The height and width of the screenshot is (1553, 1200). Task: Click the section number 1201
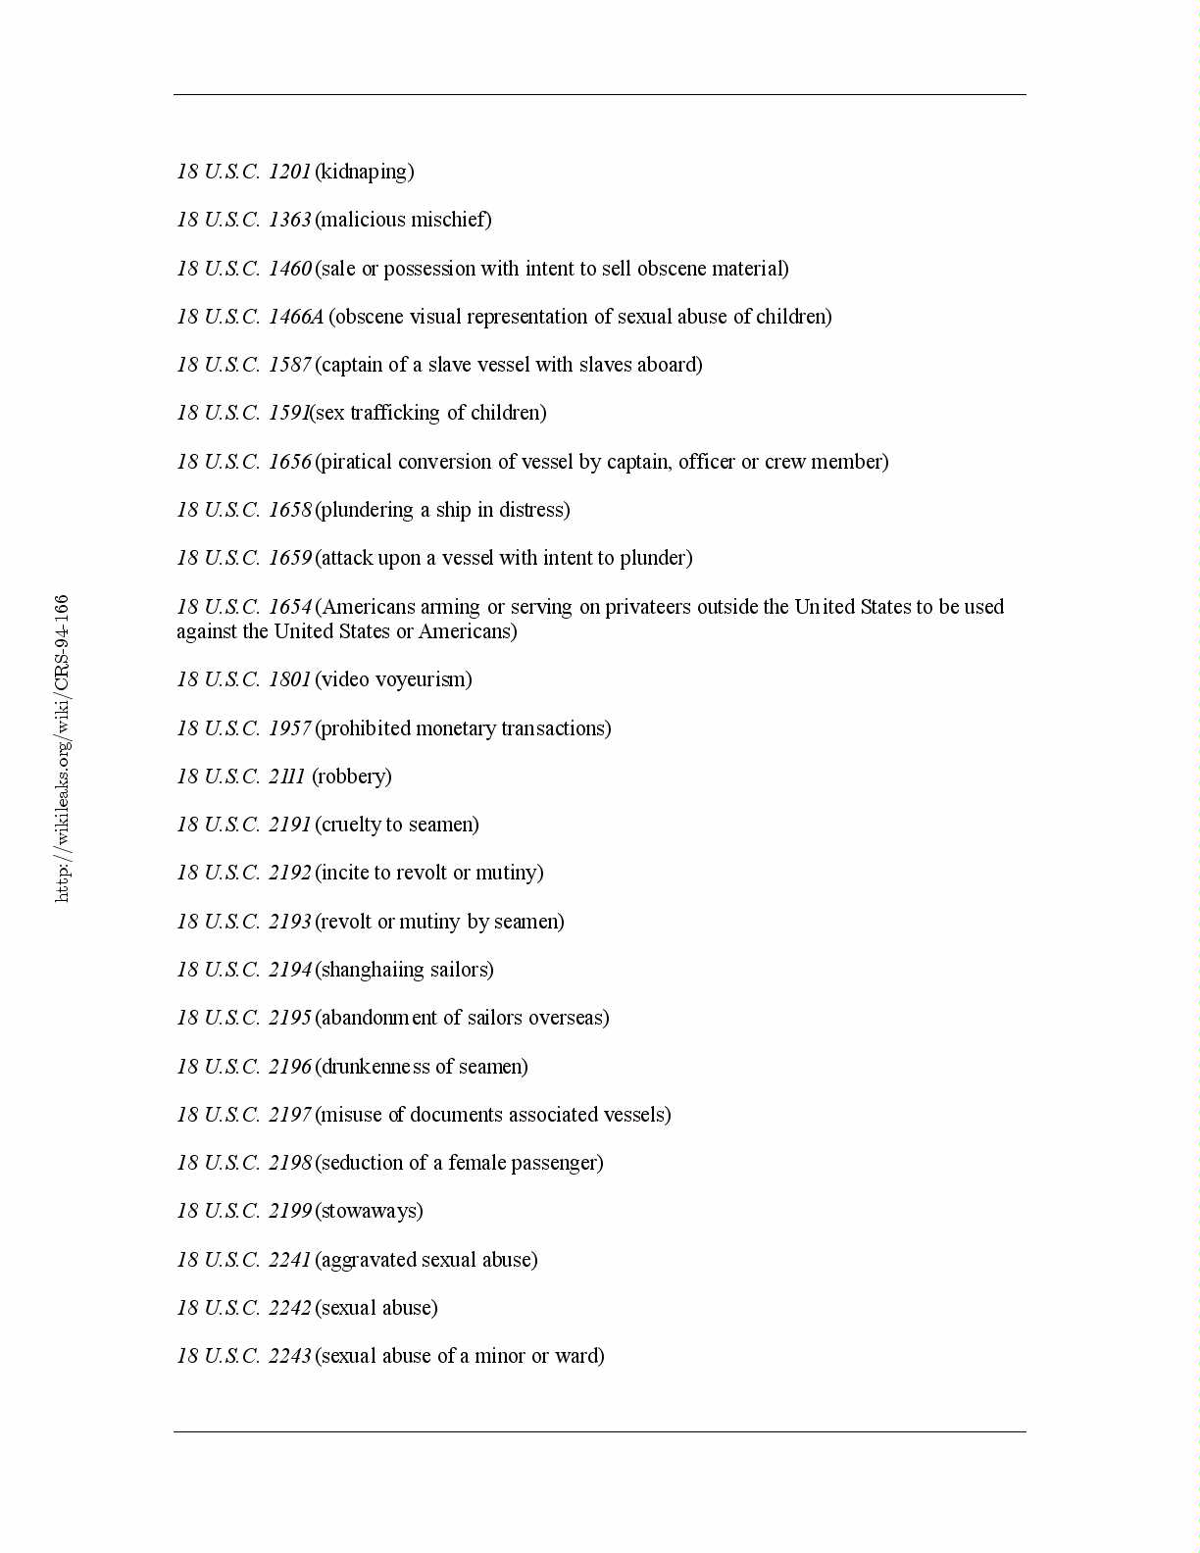(x=289, y=172)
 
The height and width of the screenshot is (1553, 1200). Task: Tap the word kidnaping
(x=364, y=173)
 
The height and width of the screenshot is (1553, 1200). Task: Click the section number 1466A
(x=295, y=317)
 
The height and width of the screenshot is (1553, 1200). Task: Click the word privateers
(x=648, y=607)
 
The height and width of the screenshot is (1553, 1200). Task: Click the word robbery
(x=351, y=776)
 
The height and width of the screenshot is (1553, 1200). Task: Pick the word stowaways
(x=369, y=1211)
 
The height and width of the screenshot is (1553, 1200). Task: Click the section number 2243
(x=289, y=1356)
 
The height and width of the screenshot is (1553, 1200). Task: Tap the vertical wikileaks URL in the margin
(x=62, y=748)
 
